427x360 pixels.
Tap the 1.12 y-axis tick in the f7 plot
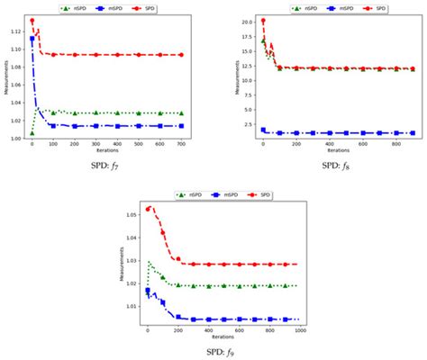click(x=15, y=31)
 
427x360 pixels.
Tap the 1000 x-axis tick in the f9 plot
click(x=298, y=331)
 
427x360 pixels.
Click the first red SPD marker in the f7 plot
click(x=32, y=21)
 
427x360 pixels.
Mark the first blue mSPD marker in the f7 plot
click(x=32, y=39)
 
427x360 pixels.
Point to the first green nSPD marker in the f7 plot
click(x=32, y=132)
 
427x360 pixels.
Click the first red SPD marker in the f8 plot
click(x=262, y=21)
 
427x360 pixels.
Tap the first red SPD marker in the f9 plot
click(x=148, y=209)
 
